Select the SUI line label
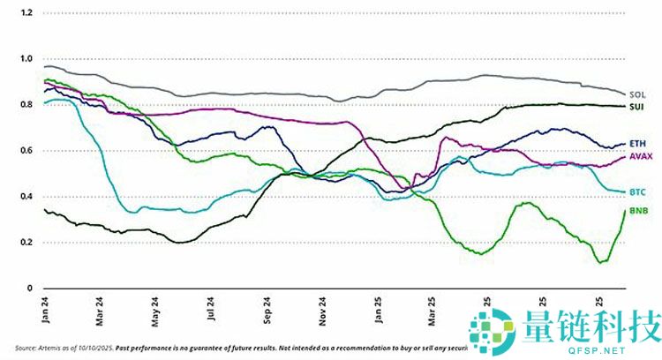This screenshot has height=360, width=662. (x=636, y=107)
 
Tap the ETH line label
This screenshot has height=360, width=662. (x=636, y=143)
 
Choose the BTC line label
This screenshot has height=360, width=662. (x=637, y=191)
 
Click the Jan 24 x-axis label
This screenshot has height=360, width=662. (x=44, y=306)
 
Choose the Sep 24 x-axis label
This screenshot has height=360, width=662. (x=266, y=306)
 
